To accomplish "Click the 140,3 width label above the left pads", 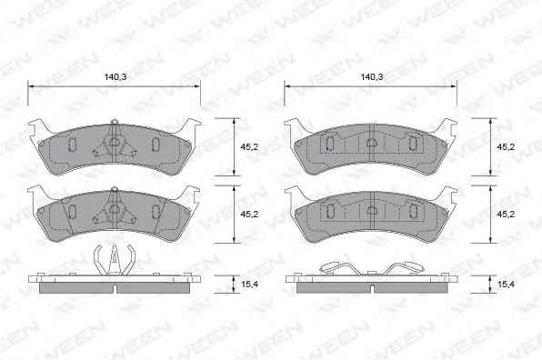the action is coord(115,77).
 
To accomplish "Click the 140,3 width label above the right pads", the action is coord(372,77).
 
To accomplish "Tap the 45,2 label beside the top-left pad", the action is coord(249,147).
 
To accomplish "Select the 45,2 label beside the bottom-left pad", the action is coord(249,215).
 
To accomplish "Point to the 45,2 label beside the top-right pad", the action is coord(506,147).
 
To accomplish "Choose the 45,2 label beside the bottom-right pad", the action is coord(506,215).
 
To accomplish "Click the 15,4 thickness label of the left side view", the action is coord(249,285).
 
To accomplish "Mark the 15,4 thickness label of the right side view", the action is coord(506,285).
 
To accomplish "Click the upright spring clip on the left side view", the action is coord(114,260).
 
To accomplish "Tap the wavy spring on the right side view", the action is coord(372,268).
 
